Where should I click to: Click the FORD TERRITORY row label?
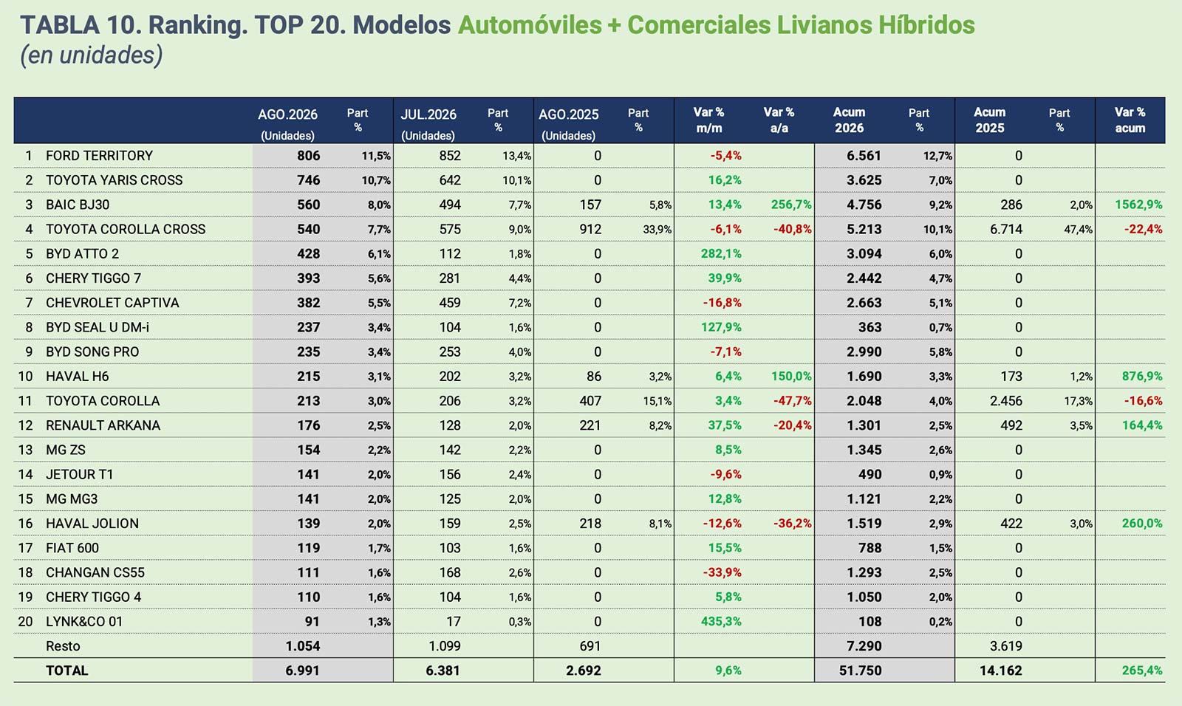point(99,156)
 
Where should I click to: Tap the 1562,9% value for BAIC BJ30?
point(1138,205)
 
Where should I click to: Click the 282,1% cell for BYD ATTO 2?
point(721,254)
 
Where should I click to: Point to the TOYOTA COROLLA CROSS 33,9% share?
point(657,230)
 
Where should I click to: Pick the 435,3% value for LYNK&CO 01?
point(721,622)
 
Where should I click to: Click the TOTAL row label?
point(67,671)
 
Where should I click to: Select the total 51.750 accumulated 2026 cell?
point(860,671)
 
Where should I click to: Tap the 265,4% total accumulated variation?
point(1142,671)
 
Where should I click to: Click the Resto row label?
point(64,646)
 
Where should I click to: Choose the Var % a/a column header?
point(779,120)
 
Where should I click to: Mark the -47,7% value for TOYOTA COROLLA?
point(793,401)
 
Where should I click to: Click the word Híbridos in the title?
point(926,25)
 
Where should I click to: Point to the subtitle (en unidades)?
point(92,55)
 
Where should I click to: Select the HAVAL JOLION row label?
point(92,524)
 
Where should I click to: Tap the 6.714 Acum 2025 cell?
point(1005,230)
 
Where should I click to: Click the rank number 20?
point(25,622)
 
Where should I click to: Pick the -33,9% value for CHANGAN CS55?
point(722,572)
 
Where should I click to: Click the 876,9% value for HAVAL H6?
point(1142,376)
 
